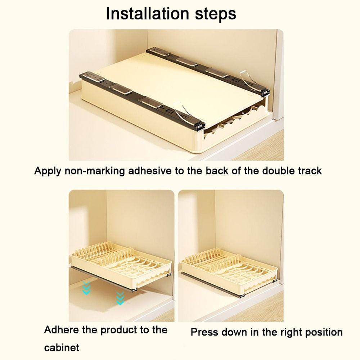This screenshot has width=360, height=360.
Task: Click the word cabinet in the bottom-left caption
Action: pos(62,348)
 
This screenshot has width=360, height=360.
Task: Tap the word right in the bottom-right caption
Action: pos(285,332)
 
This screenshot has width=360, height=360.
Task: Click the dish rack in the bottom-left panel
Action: pos(121,263)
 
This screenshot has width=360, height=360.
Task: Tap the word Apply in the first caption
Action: pos(48,171)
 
